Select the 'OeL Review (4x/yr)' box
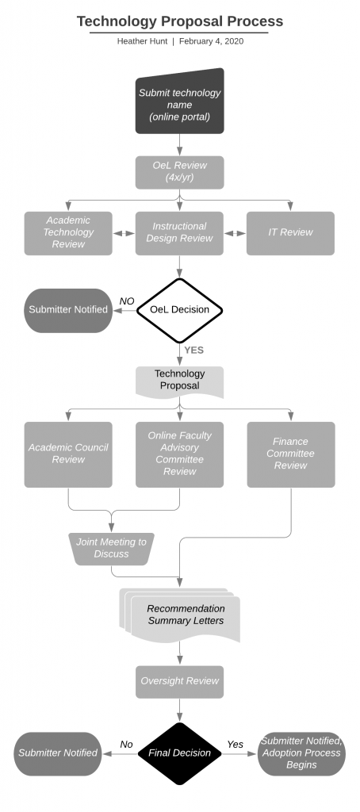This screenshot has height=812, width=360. [x=180, y=172]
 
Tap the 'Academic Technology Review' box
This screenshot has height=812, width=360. [x=68, y=233]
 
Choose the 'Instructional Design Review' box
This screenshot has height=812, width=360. [x=180, y=233]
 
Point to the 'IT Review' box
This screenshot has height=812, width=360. [x=290, y=233]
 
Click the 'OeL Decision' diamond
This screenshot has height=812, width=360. [x=180, y=310]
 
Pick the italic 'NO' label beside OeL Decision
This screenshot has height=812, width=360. [x=127, y=301]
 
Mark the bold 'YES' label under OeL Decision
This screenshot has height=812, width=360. [x=194, y=350]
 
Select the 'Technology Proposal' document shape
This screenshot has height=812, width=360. [x=180, y=382]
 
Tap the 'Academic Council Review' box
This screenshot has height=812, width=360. [x=68, y=454]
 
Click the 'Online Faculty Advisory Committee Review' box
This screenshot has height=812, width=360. [x=180, y=454]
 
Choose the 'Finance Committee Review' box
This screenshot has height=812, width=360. [x=291, y=454]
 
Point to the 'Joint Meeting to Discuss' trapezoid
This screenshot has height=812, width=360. [x=111, y=549]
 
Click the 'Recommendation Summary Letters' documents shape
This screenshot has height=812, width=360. [x=180, y=615]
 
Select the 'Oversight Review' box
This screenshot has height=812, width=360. [x=180, y=681]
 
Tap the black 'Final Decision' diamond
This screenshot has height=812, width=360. [x=180, y=753]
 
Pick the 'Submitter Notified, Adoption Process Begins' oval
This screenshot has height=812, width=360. [x=301, y=753]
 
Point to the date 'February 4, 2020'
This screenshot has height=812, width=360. [x=212, y=41]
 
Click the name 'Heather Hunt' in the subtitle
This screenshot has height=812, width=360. [x=143, y=41]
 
